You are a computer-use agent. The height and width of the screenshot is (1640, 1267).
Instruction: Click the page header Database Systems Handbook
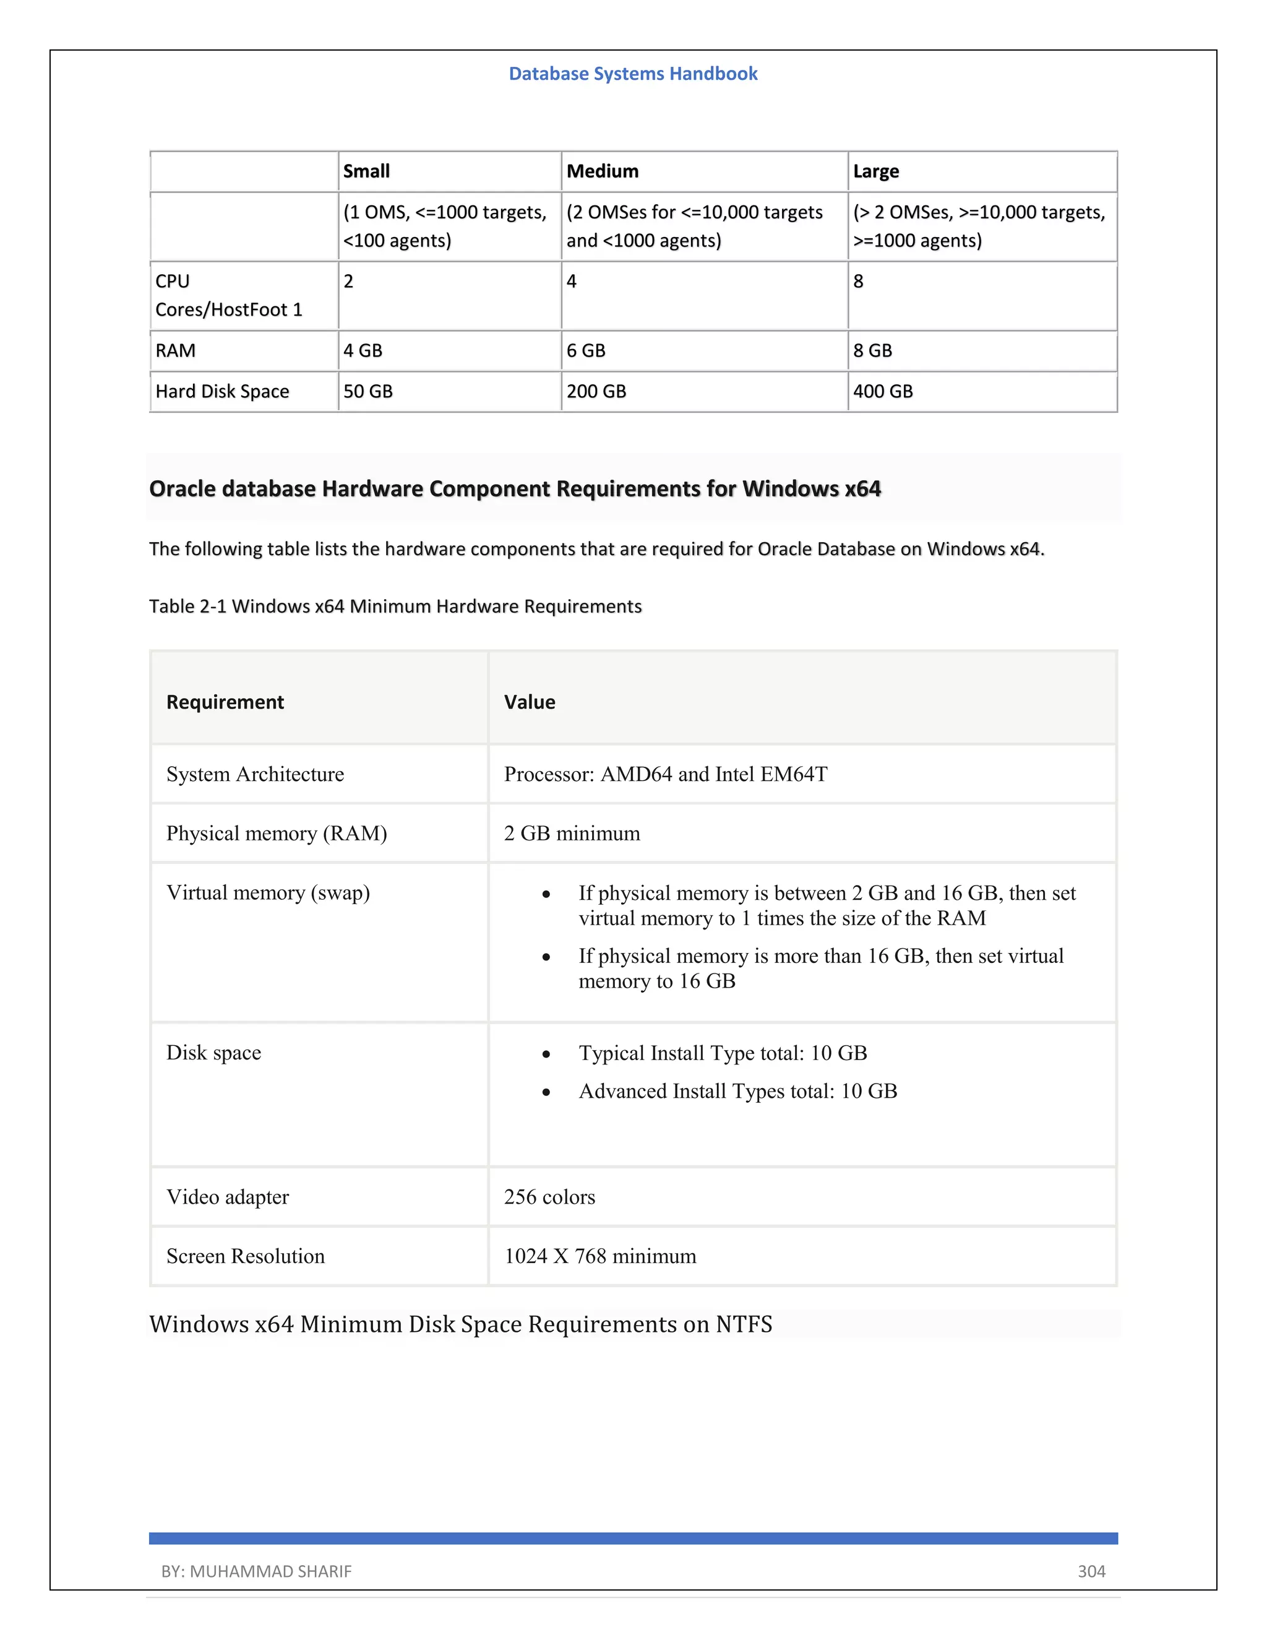pos(633,74)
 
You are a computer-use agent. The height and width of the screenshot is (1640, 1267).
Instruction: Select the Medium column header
pos(602,171)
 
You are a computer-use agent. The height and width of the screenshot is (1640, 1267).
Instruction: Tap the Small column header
pos(366,171)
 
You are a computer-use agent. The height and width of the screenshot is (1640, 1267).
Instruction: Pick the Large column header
pos(875,171)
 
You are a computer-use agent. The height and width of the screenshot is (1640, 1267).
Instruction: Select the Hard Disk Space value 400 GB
pos(883,391)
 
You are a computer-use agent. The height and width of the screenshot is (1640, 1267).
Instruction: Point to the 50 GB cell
pos(368,391)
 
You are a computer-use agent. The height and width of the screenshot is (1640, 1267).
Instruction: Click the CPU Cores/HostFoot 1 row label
pos(228,295)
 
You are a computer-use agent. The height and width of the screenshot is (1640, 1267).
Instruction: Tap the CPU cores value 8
pos(858,282)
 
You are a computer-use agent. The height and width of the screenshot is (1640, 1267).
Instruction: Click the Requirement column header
pos(225,702)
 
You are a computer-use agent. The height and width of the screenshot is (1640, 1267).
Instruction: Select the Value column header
pos(529,702)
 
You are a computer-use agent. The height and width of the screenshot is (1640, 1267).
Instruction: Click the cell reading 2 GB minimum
pos(572,834)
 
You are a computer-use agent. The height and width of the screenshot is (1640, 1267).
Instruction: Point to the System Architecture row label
pos(256,774)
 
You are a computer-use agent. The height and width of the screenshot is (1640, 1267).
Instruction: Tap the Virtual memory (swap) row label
pos(268,893)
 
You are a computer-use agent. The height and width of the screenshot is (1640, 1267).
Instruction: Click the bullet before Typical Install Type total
pos(546,1055)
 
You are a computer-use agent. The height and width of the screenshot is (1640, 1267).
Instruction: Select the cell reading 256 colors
pos(549,1197)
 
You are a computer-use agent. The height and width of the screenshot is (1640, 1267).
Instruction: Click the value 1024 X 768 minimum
pos(599,1256)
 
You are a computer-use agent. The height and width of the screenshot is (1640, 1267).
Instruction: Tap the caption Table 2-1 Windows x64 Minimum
pos(395,606)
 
